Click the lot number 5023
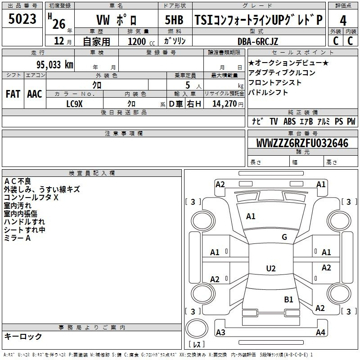[22, 19]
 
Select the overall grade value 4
[343, 21]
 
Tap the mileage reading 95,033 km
[55, 65]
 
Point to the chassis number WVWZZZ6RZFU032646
[302, 143]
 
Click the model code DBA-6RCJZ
[258, 41]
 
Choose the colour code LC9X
[74, 104]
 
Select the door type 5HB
[174, 20]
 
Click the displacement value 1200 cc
[141, 41]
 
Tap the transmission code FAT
[13, 94]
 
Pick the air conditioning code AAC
[35, 94]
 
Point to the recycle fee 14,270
[225, 104]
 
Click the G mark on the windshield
[284, 237]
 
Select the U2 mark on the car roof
[271, 268]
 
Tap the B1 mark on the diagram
[288, 299]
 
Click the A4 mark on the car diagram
[320, 332]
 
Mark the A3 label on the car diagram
[220, 332]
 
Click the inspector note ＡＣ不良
[18, 181]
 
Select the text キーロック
[23, 336]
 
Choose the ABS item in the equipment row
[289, 121]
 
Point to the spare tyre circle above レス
[197, 328]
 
